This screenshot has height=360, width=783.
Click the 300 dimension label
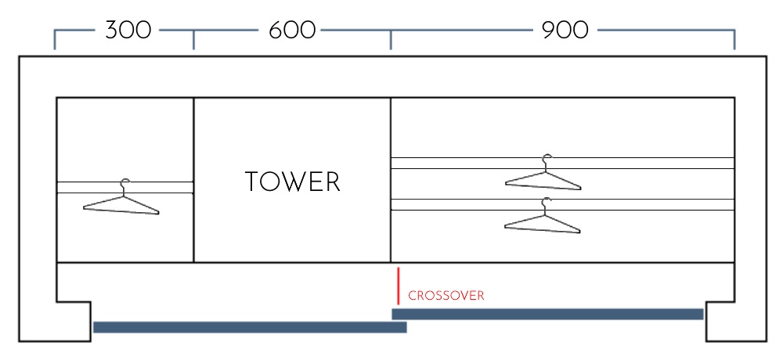pyautogui.click(x=128, y=31)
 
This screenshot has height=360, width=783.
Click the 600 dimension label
pyautogui.click(x=292, y=31)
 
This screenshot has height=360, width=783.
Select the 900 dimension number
pyautogui.click(x=564, y=31)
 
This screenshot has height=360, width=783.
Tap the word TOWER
pyautogui.click(x=292, y=182)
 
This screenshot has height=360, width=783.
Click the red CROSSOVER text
pyautogui.click(x=446, y=296)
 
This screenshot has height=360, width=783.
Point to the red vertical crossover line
pyautogui.click(x=399, y=286)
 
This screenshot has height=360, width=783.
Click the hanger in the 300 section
pyautogui.click(x=121, y=202)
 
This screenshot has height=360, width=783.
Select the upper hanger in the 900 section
pyautogui.click(x=543, y=178)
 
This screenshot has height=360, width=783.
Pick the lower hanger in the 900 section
pyautogui.click(x=543, y=220)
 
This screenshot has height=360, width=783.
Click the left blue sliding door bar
pyautogui.click(x=250, y=327)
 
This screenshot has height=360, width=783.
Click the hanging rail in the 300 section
pyautogui.click(x=86, y=188)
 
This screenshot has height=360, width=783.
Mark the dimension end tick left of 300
pyautogui.click(x=55, y=40)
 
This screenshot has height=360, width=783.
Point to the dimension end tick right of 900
pyautogui.click(x=734, y=40)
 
